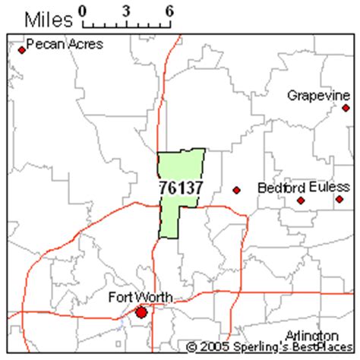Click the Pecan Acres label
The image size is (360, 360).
[x=65, y=45]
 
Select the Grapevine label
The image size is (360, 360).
[x=317, y=95]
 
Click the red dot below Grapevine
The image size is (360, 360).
[x=346, y=108]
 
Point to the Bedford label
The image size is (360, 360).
[x=281, y=187]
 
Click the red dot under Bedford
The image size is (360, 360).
[x=301, y=201]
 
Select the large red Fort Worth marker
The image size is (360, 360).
[x=141, y=312]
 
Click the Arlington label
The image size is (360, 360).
[x=311, y=335]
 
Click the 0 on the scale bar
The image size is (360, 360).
[x=82, y=11]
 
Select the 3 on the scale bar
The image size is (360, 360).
[x=125, y=11]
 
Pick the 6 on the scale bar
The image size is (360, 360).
[x=168, y=11]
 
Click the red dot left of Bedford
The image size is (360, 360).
[x=236, y=190]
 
